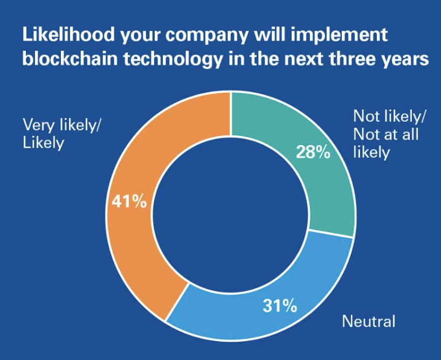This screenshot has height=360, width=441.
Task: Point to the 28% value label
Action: [313, 153]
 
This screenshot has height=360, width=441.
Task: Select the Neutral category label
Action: [369, 322]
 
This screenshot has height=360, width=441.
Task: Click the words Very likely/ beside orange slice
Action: [61, 125]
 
